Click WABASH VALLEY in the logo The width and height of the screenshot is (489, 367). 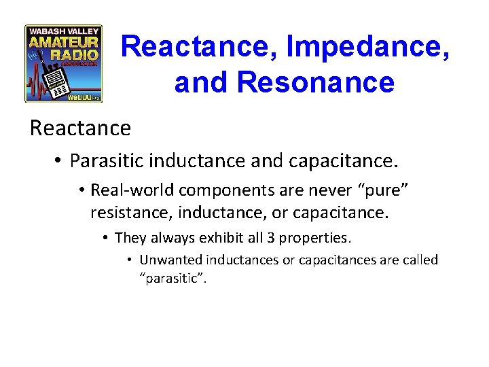click(63, 31)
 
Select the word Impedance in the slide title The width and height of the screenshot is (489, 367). click(367, 46)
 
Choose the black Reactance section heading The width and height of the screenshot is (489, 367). click(80, 128)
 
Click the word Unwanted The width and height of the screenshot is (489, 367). click(170, 260)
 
